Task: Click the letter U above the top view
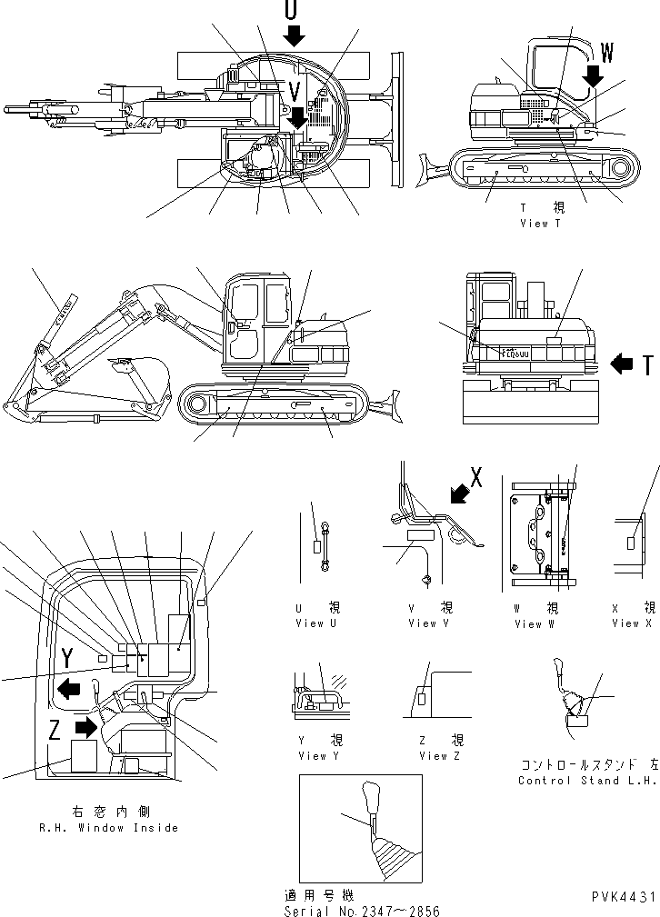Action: coord(291,10)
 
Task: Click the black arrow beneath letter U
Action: coord(293,36)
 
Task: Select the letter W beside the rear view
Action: coord(606,54)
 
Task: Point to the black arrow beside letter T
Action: coord(623,364)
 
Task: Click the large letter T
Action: coord(647,365)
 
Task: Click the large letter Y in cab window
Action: coord(67,658)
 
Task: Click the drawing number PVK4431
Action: coord(621,897)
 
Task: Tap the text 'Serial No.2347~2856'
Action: coord(361,911)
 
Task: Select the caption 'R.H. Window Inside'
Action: coord(108,828)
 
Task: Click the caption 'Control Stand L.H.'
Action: coord(587,781)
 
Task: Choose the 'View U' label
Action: coord(316,623)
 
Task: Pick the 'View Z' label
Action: coord(440,756)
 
